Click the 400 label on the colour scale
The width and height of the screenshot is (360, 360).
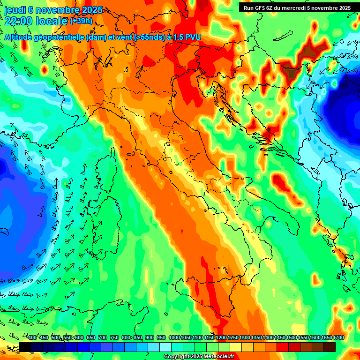[32, 338]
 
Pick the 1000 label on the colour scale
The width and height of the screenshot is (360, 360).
[174, 338]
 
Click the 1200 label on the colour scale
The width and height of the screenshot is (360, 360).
[221, 338]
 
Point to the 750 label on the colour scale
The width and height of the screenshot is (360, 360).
[114, 338]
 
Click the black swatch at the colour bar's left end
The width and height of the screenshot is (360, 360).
[25, 347]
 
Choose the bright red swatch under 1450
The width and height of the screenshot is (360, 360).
[283, 347]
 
